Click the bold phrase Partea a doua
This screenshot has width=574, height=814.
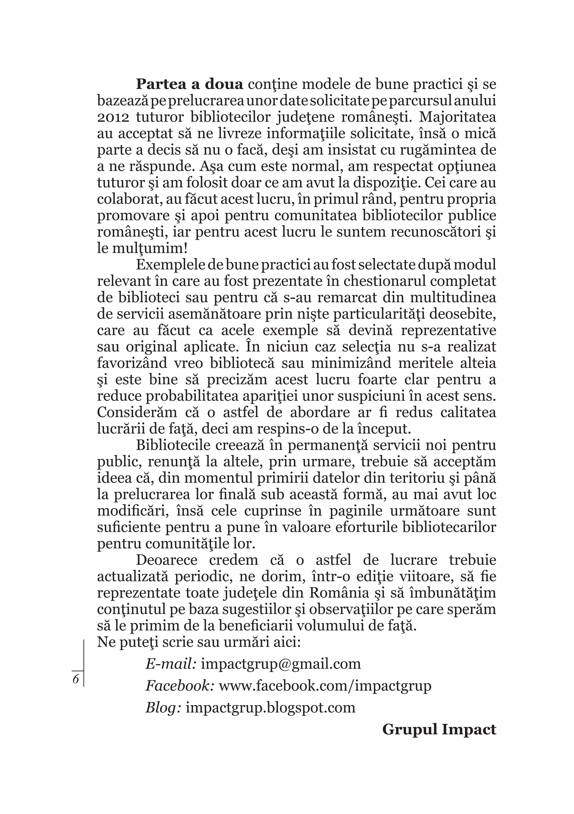(189, 85)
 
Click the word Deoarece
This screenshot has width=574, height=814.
(167, 560)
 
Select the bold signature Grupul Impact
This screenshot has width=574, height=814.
(439, 730)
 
